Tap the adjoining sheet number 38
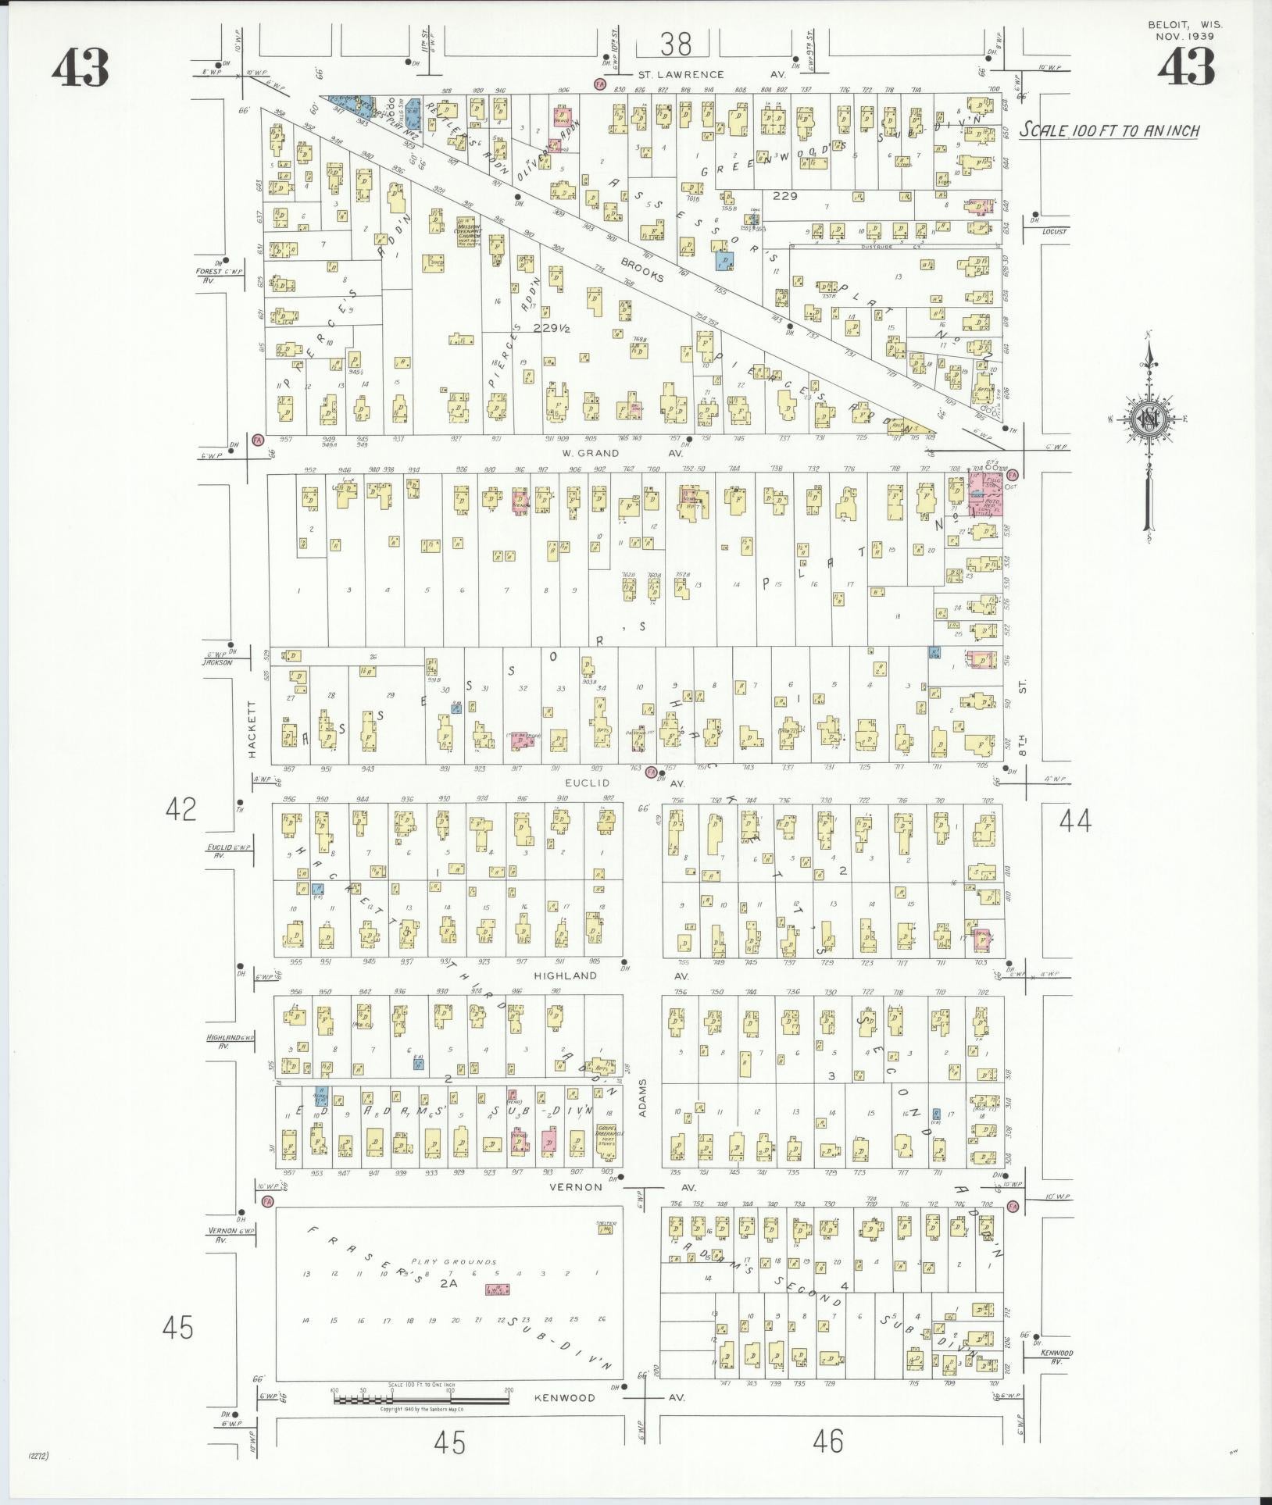(x=675, y=45)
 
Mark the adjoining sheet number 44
(x=1074, y=821)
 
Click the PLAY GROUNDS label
(x=459, y=1261)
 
